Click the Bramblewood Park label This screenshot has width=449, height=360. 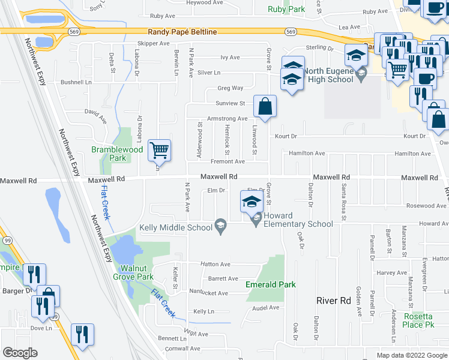(x=109, y=154)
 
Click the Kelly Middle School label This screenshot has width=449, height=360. (x=176, y=227)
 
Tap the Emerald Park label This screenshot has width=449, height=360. (x=271, y=284)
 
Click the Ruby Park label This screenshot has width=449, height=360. (x=287, y=9)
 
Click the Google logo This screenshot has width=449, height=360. (x=20, y=353)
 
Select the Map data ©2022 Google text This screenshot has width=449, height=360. (x=412, y=355)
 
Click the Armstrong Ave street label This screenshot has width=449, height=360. (x=227, y=119)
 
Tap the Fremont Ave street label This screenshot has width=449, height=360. (x=228, y=161)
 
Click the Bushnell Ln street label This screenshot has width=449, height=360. (x=76, y=82)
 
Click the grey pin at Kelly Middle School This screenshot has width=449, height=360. (x=221, y=226)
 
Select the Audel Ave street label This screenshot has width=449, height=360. (x=266, y=308)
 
